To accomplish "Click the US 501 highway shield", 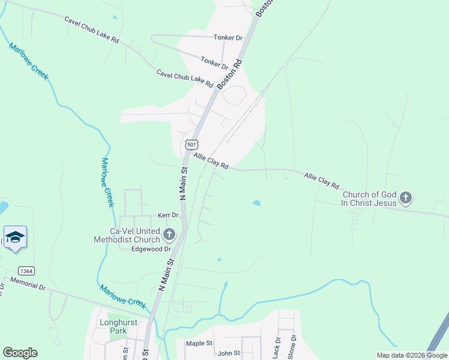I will point(191,145).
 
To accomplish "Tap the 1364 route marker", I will point(25,271).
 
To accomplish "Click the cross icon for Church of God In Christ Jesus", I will point(406,198).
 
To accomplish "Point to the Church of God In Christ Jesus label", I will point(369,199).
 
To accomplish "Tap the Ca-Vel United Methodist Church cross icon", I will point(169,235).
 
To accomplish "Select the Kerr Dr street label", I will point(168,215).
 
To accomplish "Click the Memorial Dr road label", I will point(28,284).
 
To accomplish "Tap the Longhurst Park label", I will point(118,326).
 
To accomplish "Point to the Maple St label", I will point(199,343).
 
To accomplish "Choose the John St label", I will point(229,353).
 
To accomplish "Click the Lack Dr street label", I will point(277,347).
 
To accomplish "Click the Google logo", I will point(20,353).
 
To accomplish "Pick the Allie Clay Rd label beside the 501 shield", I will point(211,160).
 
